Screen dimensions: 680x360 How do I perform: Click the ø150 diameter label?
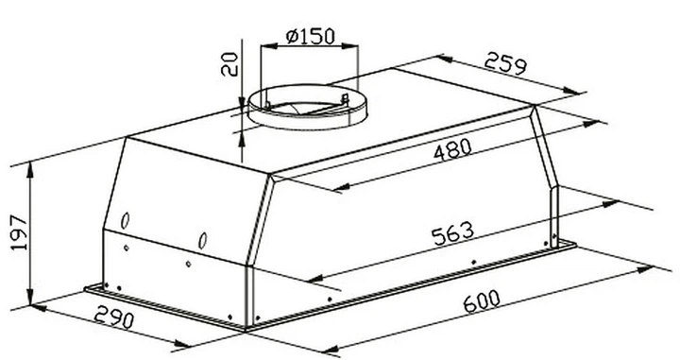pos(311,37)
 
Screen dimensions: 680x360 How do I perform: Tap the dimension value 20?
pos(229,64)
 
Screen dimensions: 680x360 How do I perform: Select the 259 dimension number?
pos(505,63)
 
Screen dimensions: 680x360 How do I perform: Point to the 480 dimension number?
pos(452,149)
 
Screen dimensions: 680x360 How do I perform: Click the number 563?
pos(453,234)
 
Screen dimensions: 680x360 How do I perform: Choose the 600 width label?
pos(482,301)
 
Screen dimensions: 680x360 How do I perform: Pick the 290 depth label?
pos(114,317)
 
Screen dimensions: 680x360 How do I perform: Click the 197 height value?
pos(19,232)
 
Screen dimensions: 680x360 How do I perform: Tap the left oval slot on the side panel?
pos(125,221)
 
